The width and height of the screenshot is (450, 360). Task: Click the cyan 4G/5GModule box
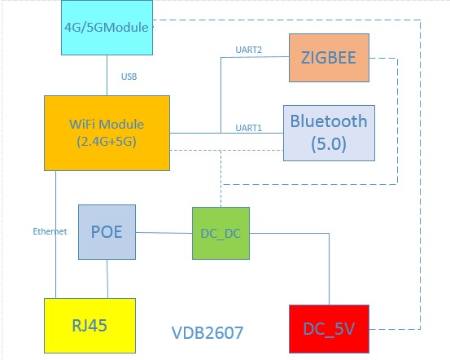point(106,28)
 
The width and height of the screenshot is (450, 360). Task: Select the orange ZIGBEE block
point(329,58)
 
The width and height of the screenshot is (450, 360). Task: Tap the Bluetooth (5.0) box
point(329,132)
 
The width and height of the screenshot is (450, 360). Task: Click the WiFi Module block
point(107,132)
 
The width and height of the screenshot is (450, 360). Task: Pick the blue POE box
point(107,231)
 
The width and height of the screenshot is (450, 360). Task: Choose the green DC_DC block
point(221,233)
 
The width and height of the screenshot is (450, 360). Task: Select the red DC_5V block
point(329,330)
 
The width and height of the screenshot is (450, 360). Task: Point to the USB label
point(129,77)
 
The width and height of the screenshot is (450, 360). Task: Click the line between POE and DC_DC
point(164,233)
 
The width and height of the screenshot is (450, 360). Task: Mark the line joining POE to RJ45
point(107,279)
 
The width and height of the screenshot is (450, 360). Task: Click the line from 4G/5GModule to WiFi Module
point(107,76)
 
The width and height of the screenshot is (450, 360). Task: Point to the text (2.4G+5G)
point(107,140)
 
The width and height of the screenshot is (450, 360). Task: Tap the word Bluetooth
point(329,121)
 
